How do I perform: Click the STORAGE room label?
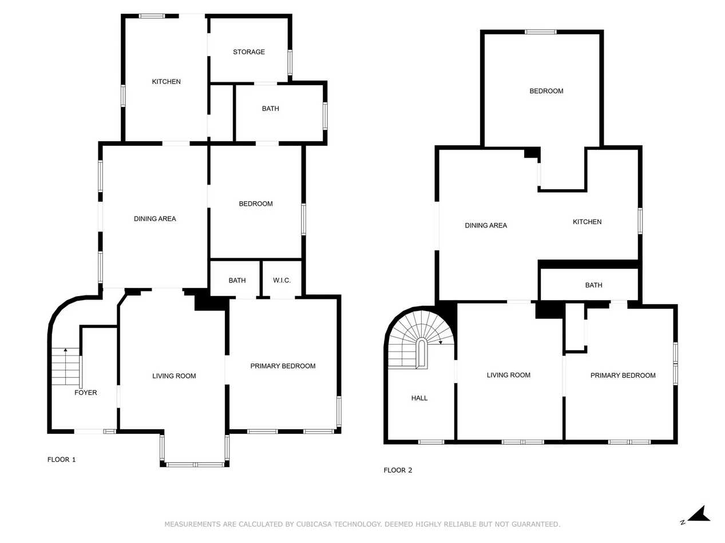[x=249, y=52]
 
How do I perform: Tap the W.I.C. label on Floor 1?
[x=282, y=281]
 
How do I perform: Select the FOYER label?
[x=86, y=393]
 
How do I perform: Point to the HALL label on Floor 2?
[x=419, y=398]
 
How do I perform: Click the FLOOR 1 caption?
[x=61, y=460]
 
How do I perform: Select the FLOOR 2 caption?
[x=398, y=470]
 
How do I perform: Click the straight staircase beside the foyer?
[x=66, y=366]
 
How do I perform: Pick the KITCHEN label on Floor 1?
[x=166, y=82]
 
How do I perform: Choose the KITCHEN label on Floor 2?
[x=587, y=222]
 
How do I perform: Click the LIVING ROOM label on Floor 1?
[x=174, y=376]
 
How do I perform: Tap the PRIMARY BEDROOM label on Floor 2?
[x=623, y=376]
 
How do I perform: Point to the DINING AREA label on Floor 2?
[x=486, y=225]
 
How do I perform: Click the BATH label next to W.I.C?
[x=237, y=281]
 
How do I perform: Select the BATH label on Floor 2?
[x=593, y=285]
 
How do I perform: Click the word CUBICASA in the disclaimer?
[x=315, y=524]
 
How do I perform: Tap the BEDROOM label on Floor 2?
[x=546, y=91]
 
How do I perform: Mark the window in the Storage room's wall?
[x=290, y=62]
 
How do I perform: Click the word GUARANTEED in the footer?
[x=535, y=524]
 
